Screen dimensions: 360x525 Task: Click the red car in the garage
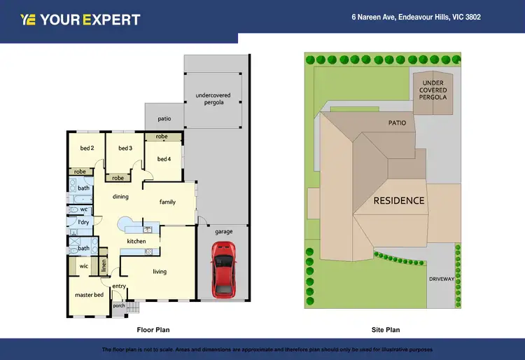[223, 268]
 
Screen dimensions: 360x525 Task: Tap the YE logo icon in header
[28, 20]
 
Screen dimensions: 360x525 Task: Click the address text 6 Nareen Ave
[416, 17]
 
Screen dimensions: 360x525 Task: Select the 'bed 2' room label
[87, 148]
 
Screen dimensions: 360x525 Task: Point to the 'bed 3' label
[125, 148]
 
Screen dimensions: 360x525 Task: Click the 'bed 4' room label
[164, 159]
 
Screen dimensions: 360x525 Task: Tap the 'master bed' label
[89, 295]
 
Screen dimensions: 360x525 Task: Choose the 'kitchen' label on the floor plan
[136, 241]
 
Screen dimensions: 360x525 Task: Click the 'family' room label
[167, 202]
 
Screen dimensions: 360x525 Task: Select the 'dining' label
[120, 197]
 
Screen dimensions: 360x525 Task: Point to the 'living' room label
[160, 272]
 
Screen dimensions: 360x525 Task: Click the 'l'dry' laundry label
[83, 222]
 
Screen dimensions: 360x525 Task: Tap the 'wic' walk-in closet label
[83, 266]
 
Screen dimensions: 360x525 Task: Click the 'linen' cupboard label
[104, 265]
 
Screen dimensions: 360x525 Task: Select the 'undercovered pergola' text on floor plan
[213, 99]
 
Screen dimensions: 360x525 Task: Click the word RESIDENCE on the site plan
[398, 200]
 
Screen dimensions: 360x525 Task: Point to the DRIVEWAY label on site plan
[442, 279]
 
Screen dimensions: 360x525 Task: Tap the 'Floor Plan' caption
[153, 329]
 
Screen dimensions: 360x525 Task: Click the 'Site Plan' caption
[385, 329]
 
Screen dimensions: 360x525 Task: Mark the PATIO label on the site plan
[397, 123]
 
